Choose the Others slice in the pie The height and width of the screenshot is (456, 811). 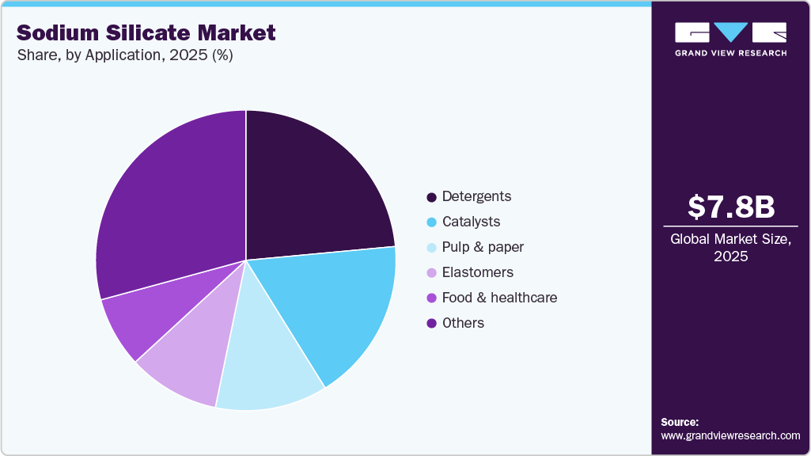(170, 206)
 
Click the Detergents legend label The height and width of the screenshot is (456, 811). (476, 196)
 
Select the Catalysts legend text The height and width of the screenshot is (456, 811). (471, 222)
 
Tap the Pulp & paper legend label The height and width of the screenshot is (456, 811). (483, 247)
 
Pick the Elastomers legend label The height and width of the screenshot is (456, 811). (477, 272)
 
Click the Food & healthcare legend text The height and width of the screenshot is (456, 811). (499, 298)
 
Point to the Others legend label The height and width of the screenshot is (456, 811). (463, 323)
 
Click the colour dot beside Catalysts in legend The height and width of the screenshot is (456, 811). (431, 222)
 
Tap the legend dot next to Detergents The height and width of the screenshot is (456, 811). (431, 196)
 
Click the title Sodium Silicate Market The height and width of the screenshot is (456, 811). (146, 32)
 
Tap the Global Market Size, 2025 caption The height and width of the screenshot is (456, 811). (730, 248)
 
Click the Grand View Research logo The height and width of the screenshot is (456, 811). (730, 40)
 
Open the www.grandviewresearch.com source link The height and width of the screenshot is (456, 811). (730, 435)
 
